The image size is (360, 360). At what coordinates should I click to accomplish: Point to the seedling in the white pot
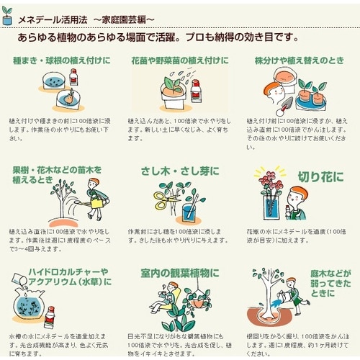pos(174,87)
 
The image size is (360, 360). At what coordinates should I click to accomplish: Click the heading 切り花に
pos(320,176)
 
